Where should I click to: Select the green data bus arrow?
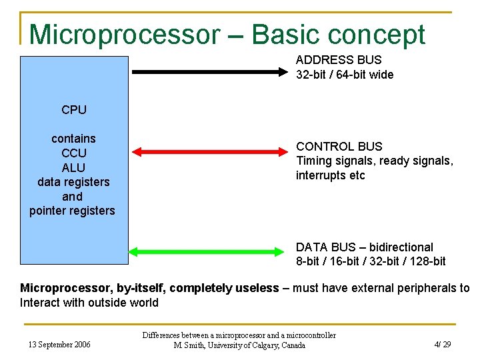(x=207, y=251)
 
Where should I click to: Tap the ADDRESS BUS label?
(x=339, y=60)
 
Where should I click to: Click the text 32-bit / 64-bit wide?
(x=345, y=75)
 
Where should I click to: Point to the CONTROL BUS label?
(x=339, y=146)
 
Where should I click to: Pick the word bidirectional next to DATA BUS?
(x=401, y=247)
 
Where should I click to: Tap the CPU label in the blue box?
(x=73, y=110)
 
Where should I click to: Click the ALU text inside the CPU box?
(x=73, y=167)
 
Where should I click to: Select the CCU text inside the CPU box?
(x=73, y=153)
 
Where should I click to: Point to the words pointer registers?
(x=72, y=211)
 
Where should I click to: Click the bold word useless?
(x=257, y=288)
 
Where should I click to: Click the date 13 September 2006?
(x=59, y=345)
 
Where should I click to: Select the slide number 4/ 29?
(x=443, y=345)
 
